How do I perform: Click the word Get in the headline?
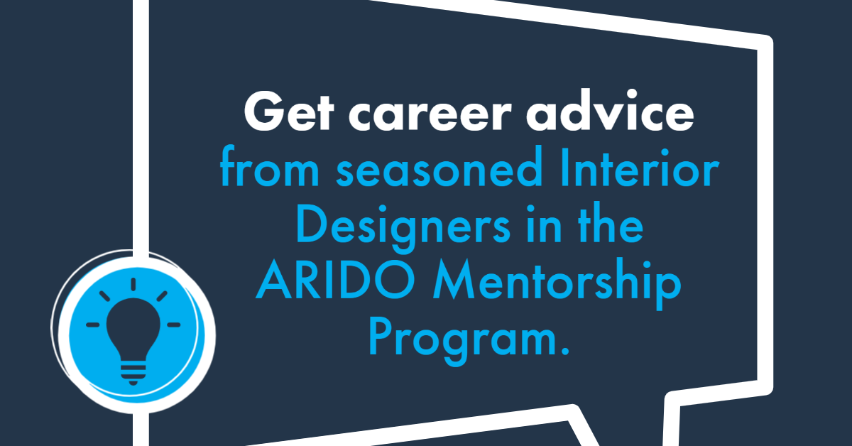pyautogui.click(x=289, y=111)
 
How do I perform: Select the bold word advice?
pyautogui.click(x=610, y=111)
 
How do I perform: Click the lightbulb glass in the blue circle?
pyautogui.click(x=133, y=328)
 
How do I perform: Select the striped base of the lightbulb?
pyautogui.click(x=133, y=374)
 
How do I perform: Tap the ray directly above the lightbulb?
pyautogui.click(x=133, y=284)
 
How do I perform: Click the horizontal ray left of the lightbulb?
pyautogui.click(x=93, y=325)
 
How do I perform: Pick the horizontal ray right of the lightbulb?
pyautogui.click(x=173, y=325)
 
